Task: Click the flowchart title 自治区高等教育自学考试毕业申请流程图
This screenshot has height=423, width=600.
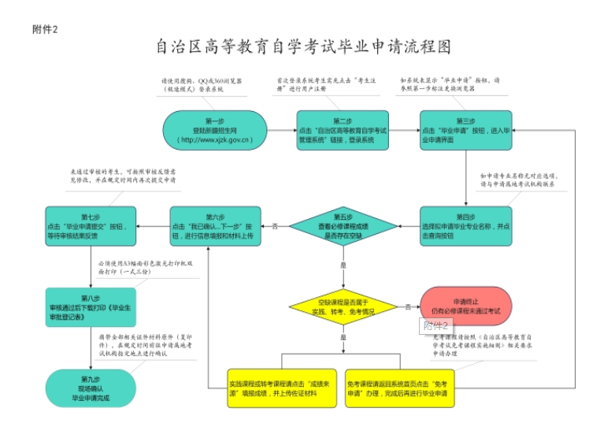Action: (303, 46)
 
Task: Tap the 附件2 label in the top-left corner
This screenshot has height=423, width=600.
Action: (45, 29)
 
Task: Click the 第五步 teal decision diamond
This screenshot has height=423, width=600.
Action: (343, 226)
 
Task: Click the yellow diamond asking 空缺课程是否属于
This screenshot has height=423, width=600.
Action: (343, 306)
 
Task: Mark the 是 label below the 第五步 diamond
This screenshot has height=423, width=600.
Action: (343, 265)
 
